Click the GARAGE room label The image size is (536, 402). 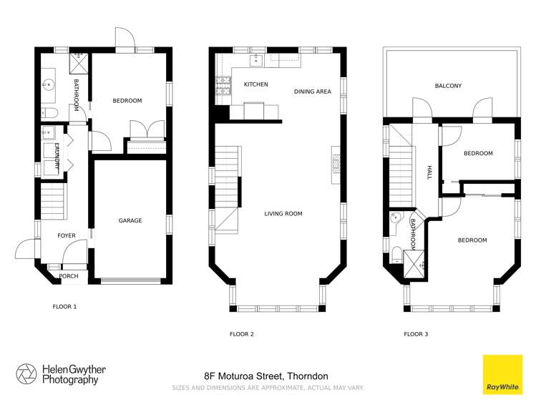(x=130, y=220)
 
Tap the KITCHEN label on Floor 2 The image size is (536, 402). (x=255, y=84)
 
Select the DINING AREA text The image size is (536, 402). (x=312, y=92)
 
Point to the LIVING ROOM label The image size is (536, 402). (x=283, y=213)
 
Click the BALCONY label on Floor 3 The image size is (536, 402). (x=448, y=86)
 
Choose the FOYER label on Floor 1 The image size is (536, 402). (x=67, y=235)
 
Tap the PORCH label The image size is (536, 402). (x=69, y=276)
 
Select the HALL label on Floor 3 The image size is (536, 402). (x=429, y=172)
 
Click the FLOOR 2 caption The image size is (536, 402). (x=241, y=333)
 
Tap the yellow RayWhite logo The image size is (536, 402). (x=502, y=374)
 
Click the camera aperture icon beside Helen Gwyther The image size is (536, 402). (x=26, y=374)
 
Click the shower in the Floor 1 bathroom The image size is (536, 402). (x=77, y=64)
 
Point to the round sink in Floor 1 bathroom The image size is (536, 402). (x=49, y=84)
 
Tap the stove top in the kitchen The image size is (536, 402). (x=221, y=86)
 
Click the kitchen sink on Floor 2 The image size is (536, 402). (x=255, y=61)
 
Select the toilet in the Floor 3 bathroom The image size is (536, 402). (x=396, y=253)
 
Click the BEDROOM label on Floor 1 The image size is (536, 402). (x=127, y=101)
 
